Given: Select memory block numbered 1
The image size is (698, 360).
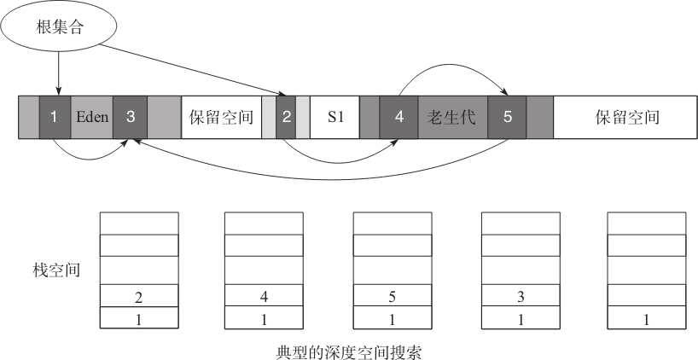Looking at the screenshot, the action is point(55,117).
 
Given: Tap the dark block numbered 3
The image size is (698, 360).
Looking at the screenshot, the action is point(130,117).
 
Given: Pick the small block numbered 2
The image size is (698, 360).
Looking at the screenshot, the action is point(286,117).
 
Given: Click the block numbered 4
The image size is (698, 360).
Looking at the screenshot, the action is point(398,117).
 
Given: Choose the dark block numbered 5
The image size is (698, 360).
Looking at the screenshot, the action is point(508,117).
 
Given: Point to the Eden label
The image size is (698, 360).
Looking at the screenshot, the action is point(92,117).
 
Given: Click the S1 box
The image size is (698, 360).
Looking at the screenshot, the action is point(334,117).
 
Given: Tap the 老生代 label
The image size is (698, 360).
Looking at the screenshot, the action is point(451,117).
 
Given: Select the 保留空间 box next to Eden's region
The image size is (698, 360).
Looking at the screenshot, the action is point(221,117).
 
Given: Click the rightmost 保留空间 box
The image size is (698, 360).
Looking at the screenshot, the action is point(625,117).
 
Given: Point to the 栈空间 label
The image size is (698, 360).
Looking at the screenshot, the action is point(56,270).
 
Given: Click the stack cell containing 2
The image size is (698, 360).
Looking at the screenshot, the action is point(139,295).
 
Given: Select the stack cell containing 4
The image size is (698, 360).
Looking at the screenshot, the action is point(264,295).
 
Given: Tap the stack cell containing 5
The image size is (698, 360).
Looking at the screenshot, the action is point(393,295).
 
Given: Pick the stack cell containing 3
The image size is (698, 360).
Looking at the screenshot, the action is point(521,295).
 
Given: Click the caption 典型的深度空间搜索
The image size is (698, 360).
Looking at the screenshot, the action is point(348,352).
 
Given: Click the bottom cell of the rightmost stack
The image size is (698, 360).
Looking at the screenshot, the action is point(646,317).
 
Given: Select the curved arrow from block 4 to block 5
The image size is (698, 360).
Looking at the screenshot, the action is point(454,65).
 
